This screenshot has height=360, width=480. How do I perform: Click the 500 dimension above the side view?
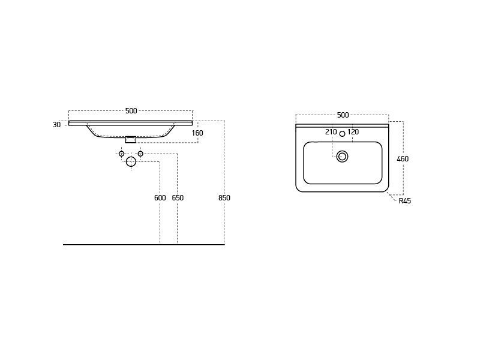pyautogui.click(x=131, y=111)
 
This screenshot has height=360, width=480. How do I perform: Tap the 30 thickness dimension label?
pyautogui.click(x=56, y=125)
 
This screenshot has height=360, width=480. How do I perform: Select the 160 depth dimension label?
pyautogui.click(x=197, y=133)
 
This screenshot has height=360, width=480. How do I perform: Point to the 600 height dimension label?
pyautogui.click(x=160, y=198)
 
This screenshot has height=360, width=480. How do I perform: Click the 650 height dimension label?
pyautogui.click(x=178, y=198)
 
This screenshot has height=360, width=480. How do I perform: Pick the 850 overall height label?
pyautogui.click(x=224, y=198)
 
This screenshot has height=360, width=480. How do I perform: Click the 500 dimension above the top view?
pyautogui.click(x=343, y=115)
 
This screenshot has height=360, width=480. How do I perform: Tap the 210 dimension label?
pyautogui.click(x=331, y=132)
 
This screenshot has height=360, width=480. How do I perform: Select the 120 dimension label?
pyautogui.click(x=353, y=132)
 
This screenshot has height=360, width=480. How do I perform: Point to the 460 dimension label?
pyautogui.click(x=403, y=159)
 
